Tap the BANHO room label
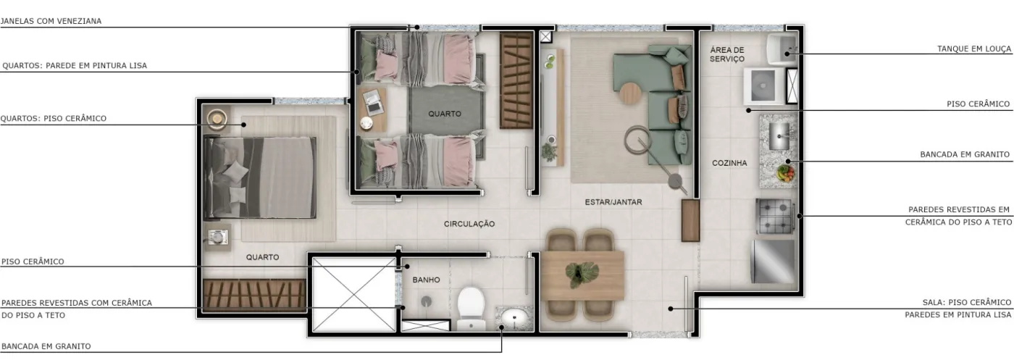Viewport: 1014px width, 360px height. click(426, 280)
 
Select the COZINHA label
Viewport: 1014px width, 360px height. click(729, 163)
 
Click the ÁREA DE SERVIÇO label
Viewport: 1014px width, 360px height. click(727, 54)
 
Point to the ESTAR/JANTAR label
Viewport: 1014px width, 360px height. click(613, 202)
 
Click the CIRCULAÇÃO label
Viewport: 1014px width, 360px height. click(469, 224)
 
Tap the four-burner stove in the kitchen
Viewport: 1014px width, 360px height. click(776, 217)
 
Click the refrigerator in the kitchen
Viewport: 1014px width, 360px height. click(774, 261)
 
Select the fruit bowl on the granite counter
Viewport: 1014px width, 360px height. click(785, 173)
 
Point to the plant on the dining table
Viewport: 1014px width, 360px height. click(582, 274)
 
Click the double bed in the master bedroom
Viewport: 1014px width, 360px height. click(259, 177)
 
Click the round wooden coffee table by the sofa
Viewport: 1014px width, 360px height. click(631, 94)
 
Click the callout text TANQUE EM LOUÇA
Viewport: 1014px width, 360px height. click(973, 49)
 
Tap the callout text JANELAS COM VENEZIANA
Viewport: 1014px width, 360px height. click(51, 21)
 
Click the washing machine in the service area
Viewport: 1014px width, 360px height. click(763, 85)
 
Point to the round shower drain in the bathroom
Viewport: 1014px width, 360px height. click(426, 301)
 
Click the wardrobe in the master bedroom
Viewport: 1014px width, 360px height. click(254, 295)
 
